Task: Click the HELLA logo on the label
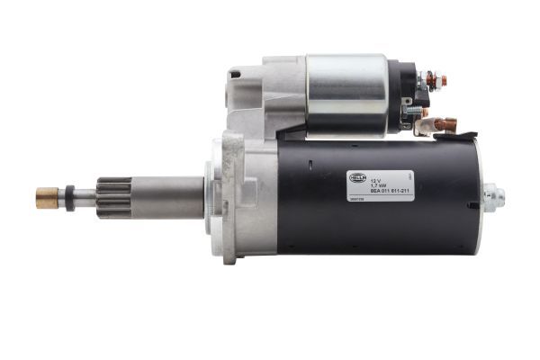tap(357, 178)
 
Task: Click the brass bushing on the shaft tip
tap(47, 198)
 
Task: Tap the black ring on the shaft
tap(69, 198)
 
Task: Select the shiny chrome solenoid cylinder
tap(346, 94)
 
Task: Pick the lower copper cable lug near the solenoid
tap(445, 124)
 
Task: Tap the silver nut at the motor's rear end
tap(492, 197)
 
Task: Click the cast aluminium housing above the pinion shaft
tap(261, 99)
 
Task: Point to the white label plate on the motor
tap(380, 185)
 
